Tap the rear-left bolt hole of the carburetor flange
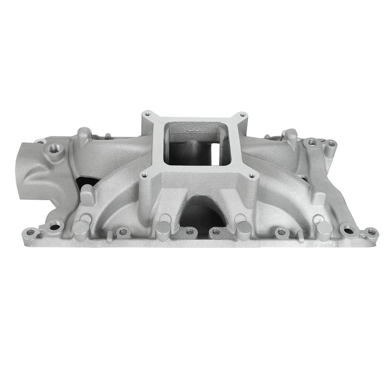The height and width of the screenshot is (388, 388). click(x=147, y=113)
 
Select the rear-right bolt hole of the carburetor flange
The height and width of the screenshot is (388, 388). click(x=242, y=114)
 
